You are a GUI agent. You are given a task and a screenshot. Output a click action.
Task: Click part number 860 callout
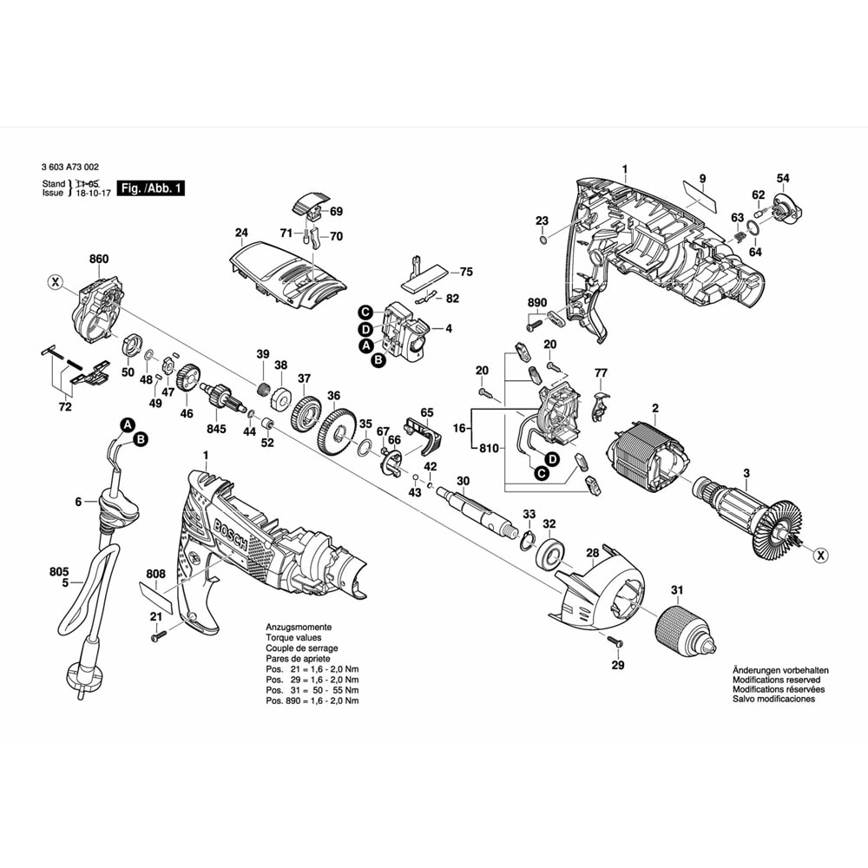[99, 259]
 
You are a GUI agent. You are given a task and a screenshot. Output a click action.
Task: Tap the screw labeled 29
[615, 643]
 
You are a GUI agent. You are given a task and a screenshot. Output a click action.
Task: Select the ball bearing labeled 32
[550, 552]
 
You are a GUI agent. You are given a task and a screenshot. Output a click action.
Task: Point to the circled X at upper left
[55, 282]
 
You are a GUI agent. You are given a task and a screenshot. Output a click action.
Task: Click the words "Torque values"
[293, 637]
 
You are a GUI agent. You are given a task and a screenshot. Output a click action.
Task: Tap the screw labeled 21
[157, 638]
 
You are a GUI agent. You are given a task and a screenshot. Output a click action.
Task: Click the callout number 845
[216, 429]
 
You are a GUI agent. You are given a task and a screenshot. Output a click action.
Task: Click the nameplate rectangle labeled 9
[698, 199]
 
